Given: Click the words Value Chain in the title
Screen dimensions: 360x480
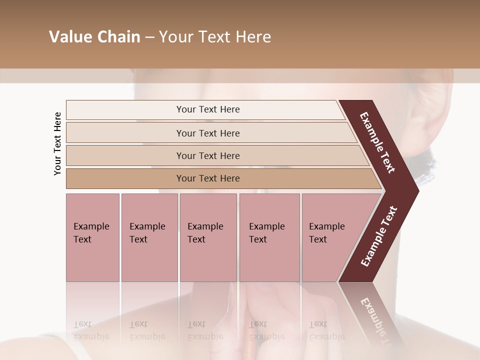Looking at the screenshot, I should pyautogui.click(x=94, y=37).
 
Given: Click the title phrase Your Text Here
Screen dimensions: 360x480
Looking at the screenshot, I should pyautogui.click(x=215, y=37).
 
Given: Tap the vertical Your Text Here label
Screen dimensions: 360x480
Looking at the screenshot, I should pyautogui.click(x=57, y=144).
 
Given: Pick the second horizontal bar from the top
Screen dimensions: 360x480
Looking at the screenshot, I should pyautogui.click(x=208, y=133).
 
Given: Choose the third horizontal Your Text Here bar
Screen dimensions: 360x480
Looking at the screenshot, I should pyautogui.click(x=208, y=155).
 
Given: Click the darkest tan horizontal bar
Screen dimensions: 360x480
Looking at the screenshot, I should pyautogui.click(x=208, y=178).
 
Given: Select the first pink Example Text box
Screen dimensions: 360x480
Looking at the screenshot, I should pyautogui.click(x=92, y=237).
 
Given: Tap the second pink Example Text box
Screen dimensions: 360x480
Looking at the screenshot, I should pyautogui.click(x=149, y=237).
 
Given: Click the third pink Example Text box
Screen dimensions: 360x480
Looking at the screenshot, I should pyautogui.click(x=208, y=237).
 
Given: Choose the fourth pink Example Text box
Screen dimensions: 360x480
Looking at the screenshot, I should pyautogui.click(x=269, y=237).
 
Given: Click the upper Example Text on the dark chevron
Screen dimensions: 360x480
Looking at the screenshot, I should pyautogui.click(x=377, y=142).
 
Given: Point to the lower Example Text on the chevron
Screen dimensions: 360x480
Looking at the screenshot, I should pyautogui.click(x=378, y=236).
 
